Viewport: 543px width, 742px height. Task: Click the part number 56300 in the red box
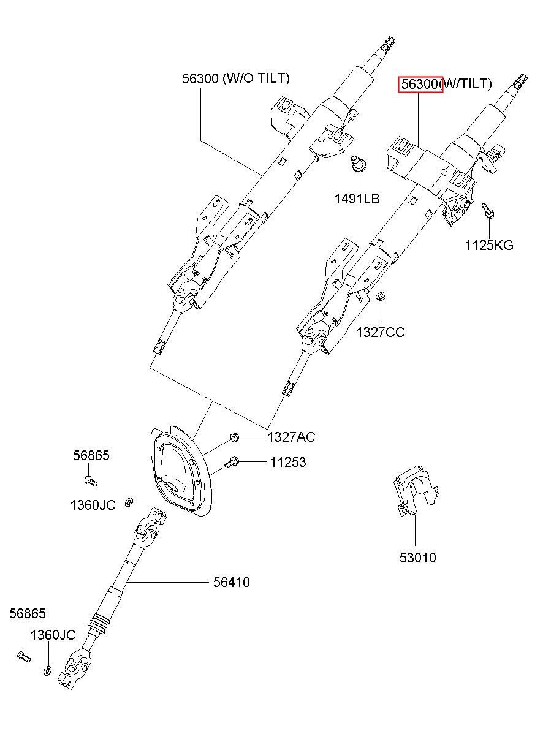coord(420,85)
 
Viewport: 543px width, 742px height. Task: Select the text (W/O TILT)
coord(256,78)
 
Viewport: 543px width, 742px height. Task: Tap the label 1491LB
coord(357,199)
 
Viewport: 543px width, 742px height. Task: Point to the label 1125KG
coord(489,246)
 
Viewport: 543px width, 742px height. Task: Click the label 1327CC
coord(381,332)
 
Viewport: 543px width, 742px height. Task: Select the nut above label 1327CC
coord(381,296)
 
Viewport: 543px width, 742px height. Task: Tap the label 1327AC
coord(291,437)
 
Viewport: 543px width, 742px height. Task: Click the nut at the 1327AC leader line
coord(234,438)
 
